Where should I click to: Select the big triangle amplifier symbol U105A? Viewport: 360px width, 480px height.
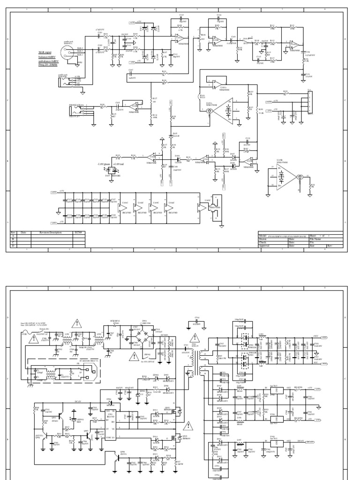tap(225, 112)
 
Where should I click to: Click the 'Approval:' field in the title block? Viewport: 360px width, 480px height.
tap(265, 246)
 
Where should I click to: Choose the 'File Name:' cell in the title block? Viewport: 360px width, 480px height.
tap(315, 239)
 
